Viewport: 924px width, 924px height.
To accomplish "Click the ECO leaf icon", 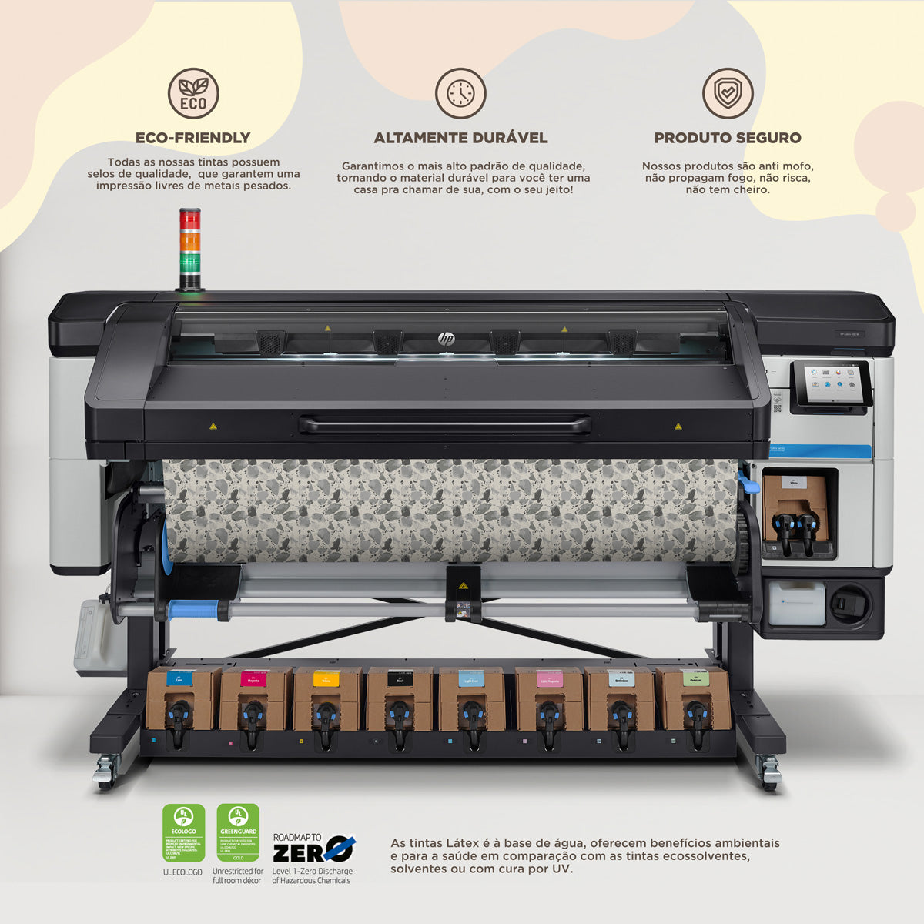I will pos(193,93).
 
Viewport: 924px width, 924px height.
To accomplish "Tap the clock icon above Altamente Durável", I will pos(460,93).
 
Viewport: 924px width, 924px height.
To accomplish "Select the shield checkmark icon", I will pos(727,93).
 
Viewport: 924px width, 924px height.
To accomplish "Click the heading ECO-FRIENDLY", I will pos(193,138).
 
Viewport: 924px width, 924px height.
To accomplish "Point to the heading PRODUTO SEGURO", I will pos(728,138).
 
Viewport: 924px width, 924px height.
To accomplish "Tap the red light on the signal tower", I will pos(189,219).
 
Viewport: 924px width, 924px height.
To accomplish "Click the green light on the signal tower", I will pos(189,263).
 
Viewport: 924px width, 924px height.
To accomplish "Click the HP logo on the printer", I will pos(447,339).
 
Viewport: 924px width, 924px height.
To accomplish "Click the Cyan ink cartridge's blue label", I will pos(179,680).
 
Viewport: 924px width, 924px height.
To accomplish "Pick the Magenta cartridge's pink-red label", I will pos(252,680).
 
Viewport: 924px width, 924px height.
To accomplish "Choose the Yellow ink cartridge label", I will pos(326,680).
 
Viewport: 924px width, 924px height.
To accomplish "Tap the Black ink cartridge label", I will pos(400,679).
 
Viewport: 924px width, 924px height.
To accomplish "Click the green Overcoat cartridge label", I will pos(695,679).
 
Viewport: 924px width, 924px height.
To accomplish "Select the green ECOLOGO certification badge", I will pos(183,833).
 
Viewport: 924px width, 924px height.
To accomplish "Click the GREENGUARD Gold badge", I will pos(238,833).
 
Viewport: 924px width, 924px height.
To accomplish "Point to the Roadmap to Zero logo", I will pos(313,849).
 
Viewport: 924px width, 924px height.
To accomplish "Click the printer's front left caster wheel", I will pos(105,770).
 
